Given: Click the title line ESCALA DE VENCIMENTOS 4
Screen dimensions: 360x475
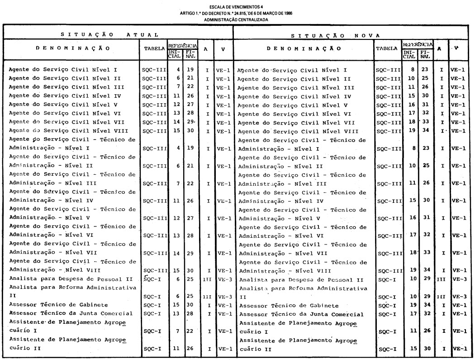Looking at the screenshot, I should point(237,7).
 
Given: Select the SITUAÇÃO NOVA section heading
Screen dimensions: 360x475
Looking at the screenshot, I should point(335,35).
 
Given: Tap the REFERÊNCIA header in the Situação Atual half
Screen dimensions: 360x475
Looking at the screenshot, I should point(182,46).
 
